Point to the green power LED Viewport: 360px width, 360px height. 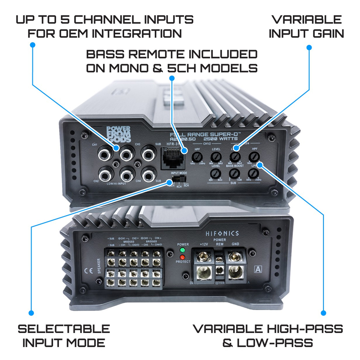(182, 250)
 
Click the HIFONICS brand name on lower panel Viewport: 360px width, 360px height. (223, 234)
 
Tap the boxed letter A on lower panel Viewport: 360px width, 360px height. (258, 270)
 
